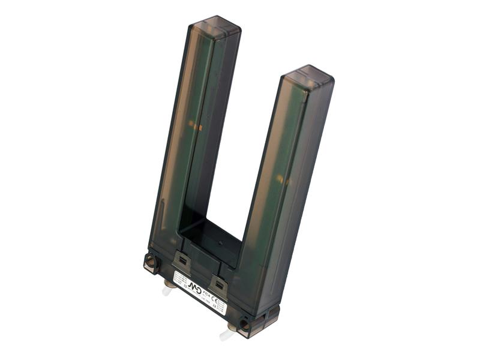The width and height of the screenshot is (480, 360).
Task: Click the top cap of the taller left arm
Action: point(214,28)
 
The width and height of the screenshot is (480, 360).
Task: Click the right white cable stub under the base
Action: point(226,334)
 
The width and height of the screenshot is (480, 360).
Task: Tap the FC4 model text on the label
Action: point(208,295)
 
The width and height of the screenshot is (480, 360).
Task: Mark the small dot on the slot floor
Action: point(220,245)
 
